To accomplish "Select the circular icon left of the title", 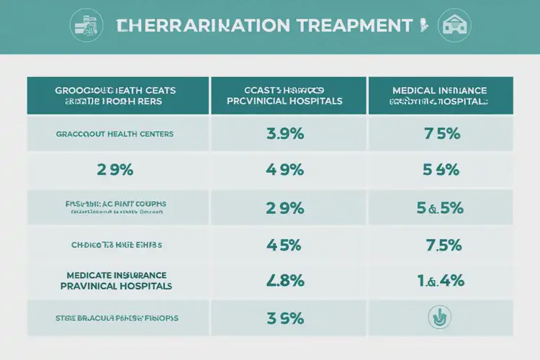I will [x=85, y=26].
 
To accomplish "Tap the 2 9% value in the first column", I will [x=114, y=171].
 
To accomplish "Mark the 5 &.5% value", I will [x=439, y=207].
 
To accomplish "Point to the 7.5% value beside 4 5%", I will [x=443, y=245].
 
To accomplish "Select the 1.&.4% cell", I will [x=439, y=280].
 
